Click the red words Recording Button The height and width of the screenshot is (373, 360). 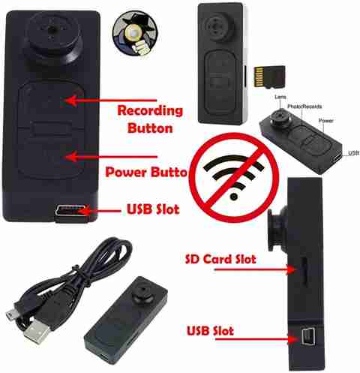[x=150, y=119]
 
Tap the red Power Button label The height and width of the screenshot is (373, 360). [x=146, y=172]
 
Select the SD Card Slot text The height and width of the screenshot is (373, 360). [x=220, y=259]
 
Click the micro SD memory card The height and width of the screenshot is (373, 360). [x=269, y=77]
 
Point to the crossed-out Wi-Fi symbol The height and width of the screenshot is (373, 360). [x=234, y=177]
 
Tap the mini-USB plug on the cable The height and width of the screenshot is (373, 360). [x=11, y=314]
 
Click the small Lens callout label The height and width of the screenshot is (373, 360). [x=280, y=97]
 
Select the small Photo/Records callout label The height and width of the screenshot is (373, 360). [x=304, y=107]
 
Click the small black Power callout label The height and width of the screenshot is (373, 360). [x=325, y=121]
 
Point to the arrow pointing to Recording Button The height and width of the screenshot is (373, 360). [x=110, y=101]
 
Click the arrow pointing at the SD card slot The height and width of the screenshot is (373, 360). [x=255, y=269]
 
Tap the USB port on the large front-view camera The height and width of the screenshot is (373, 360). [x=71, y=211]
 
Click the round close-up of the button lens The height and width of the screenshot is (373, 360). [x=135, y=32]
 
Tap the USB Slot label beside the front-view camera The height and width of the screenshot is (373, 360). [x=153, y=209]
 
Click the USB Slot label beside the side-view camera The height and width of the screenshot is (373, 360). [x=210, y=331]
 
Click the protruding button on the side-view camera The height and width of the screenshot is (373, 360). [x=277, y=229]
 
